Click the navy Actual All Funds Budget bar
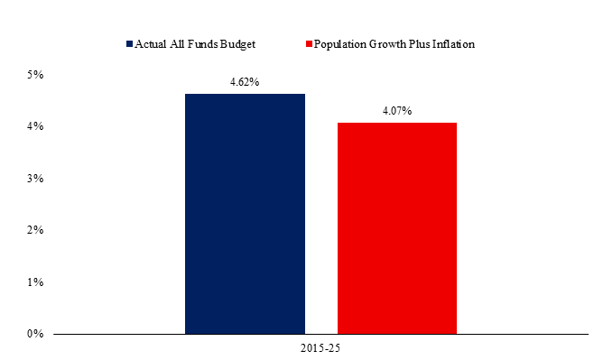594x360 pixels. click(245, 214)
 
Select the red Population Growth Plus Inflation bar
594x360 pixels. click(397, 228)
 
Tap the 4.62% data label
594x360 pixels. click(245, 82)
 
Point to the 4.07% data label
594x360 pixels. click(397, 111)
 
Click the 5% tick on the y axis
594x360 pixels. click(35, 75)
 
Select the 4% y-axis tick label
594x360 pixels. click(35, 126)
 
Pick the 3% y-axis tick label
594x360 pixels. click(35, 179)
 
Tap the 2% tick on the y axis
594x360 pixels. click(35, 230)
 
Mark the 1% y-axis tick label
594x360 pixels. click(35, 282)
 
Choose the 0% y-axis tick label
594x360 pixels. click(35, 334)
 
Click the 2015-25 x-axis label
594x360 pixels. click(320, 348)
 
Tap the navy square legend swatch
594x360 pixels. click(130, 44)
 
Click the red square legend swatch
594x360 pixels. click(309, 44)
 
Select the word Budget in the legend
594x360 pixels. click(237, 45)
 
